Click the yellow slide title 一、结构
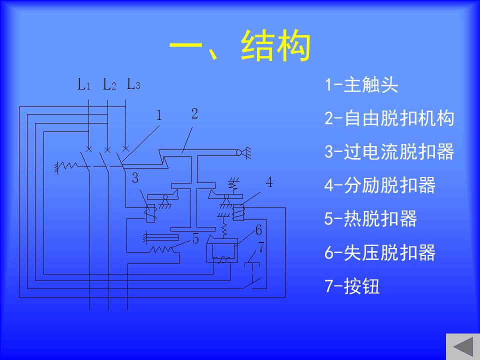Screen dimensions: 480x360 pyautogui.click(x=240, y=45)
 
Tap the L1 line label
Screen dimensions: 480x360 pyautogui.click(x=84, y=84)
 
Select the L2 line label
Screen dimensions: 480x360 pyautogui.click(x=109, y=84)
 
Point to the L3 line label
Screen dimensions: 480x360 pyautogui.click(x=133, y=84)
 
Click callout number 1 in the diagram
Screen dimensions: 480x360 pyautogui.click(x=159, y=115)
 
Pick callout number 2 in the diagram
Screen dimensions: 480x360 pyautogui.click(x=194, y=113)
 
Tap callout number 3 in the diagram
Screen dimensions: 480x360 pyautogui.click(x=135, y=178)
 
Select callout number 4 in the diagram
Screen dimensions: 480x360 pyautogui.click(x=269, y=182)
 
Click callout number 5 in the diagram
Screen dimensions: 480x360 pyautogui.click(x=195, y=238)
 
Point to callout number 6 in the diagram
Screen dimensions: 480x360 pyautogui.click(x=258, y=230)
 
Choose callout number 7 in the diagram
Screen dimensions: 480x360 pyautogui.click(x=261, y=247)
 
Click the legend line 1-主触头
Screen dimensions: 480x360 pyautogui.click(x=361, y=85)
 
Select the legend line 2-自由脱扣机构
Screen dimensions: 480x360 pyautogui.click(x=389, y=118)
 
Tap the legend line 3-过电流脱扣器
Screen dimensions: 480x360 pyautogui.click(x=389, y=151)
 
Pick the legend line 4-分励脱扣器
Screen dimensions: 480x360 pyautogui.click(x=379, y=185)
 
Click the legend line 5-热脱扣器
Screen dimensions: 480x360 pyautogui.click(x=370, y=218)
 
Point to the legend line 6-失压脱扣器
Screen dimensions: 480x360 pyautogui.click(x=379, y=252)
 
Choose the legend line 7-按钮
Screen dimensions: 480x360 pyautogui.click(x=352, y=286)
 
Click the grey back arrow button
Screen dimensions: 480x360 pyautogui.click(x=463, y=346)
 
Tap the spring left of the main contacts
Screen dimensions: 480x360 pyautogui.click(x=68, y=166)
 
